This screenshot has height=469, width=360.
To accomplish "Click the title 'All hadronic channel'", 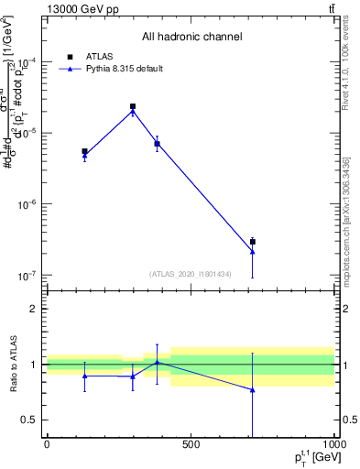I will click(191, 38).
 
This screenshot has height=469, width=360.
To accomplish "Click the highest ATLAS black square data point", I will click(133, 106).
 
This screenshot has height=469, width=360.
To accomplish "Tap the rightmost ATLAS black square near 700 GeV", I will click(252, 242).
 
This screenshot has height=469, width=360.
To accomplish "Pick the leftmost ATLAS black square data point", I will click(84, 151).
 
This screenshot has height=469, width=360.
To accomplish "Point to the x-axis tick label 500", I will click(191, 445).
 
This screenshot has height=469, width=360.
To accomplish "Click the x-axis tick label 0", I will click(47, 445).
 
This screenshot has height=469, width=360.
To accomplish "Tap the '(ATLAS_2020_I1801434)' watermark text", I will click(190, 274).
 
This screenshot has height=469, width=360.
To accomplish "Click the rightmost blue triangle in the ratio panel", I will click(252, 389).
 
